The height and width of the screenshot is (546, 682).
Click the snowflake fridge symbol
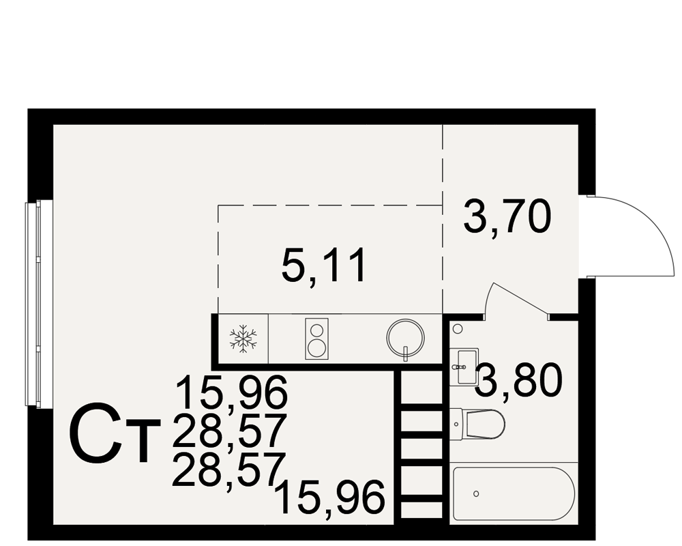click(x=243, y=339)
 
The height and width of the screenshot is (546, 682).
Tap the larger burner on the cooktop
click(x=316, y=347)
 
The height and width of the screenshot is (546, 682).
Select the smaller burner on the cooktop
click(x=317, y=330)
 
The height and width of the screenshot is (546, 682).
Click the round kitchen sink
click(x=405, y=338)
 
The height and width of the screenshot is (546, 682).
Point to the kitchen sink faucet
click(x=405, y=354)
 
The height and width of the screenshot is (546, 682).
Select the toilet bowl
click(x=485, y=424)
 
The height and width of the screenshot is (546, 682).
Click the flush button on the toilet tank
click(x=456, y=424)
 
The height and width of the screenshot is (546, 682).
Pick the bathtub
click(x=514, y=493)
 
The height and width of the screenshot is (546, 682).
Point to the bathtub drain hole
click(x=476, y=493)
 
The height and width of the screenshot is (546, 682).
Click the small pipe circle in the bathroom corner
click(x=458, y=329)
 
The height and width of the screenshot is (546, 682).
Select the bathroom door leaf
click(x=518, y=298)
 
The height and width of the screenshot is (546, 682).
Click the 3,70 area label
click(x=507, y=216)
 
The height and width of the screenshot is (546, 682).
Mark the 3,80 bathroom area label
click(x=519, y=381)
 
